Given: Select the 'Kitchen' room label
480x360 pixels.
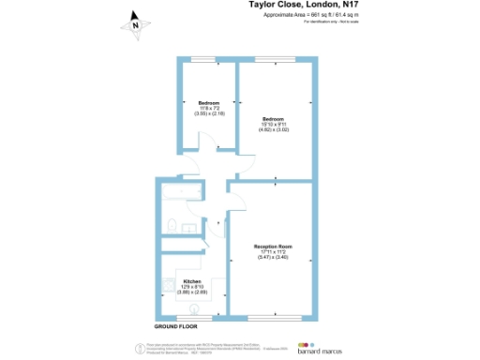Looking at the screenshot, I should pyautogui.click(x=192, y=281).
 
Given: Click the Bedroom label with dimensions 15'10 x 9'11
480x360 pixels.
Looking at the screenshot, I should pyautogui.click(x=274, y=120).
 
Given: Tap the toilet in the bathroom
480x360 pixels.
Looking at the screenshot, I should pyautogui.click(x=173, y=224).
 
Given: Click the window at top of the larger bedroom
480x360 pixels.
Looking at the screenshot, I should pyautogui.click(x=278, y=60).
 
